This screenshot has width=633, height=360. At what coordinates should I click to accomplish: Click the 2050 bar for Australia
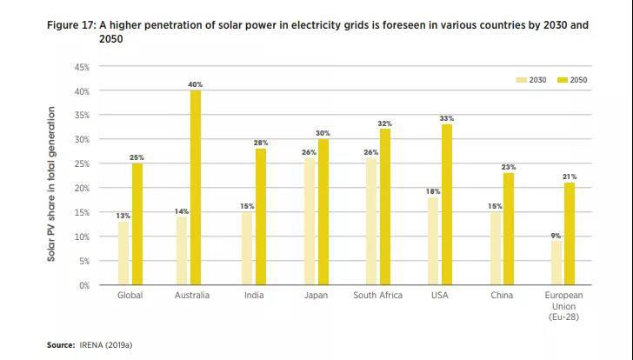point(197,188)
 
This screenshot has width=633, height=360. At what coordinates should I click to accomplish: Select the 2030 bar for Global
point(123,253)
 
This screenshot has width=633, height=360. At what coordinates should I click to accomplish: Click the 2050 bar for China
point(509,229)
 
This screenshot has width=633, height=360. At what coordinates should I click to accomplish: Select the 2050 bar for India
point(260,217)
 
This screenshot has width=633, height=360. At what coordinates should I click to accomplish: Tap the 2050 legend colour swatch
point(563,80)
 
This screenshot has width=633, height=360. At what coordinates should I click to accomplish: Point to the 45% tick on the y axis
point(82,67)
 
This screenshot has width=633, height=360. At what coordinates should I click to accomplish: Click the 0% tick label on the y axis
point(84,285)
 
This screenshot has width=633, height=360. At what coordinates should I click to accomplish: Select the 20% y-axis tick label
point(82,188)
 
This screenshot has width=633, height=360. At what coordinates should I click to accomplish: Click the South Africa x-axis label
point(378,296)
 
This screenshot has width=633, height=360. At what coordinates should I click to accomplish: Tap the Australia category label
point(191,296)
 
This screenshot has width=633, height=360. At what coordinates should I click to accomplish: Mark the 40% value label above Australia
point(196,84)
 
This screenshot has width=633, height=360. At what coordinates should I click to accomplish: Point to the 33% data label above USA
point(447,118)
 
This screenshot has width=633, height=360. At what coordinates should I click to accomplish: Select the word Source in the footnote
point(60,345)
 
